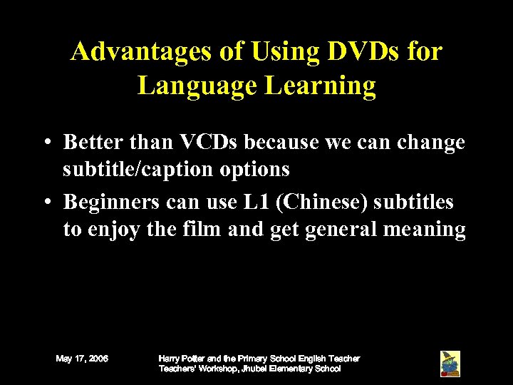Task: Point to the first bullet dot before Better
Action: click(x=45, y=143)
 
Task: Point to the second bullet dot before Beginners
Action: click(x=45, y=203)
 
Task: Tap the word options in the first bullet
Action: click(x=260, y=169)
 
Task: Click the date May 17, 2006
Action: click(x=82, y=359)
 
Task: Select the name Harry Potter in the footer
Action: click(x=178, y=358)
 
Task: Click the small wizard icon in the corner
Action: click(x=450, y=364)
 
